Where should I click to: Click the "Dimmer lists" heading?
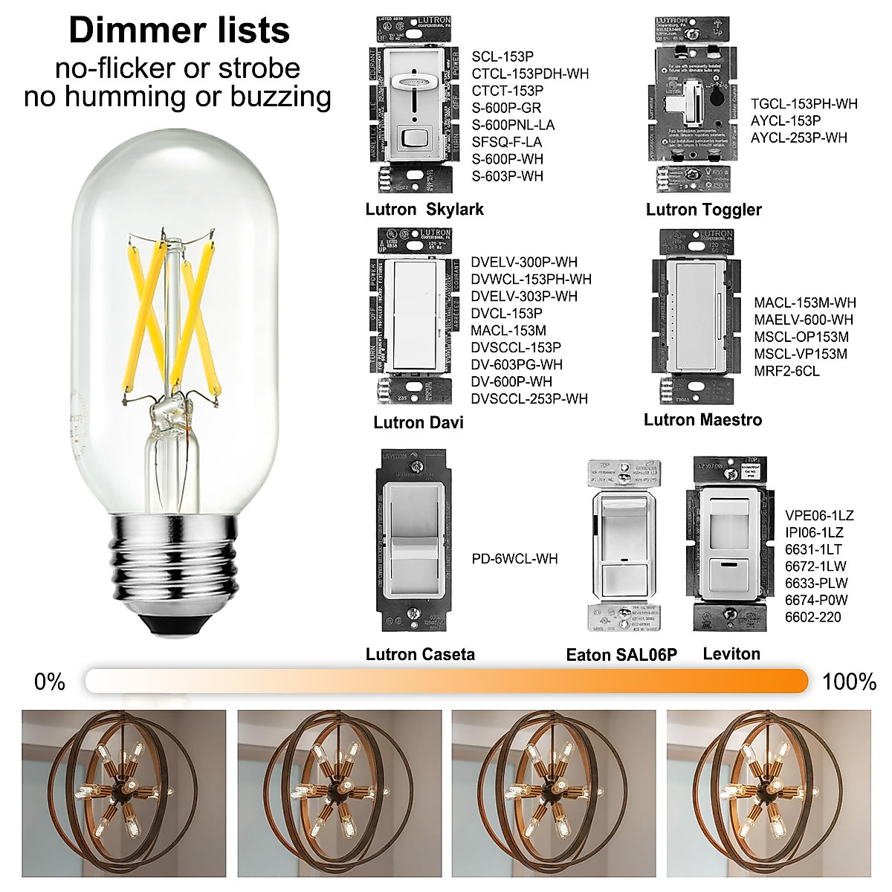179,31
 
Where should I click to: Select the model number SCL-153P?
502,56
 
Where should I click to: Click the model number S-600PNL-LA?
513,125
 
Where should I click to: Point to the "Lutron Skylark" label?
424,210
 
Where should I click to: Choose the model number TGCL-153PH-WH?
804,104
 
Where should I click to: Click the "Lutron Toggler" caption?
703,210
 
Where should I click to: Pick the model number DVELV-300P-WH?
524,262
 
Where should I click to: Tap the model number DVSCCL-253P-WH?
529,399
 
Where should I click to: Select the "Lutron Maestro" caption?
702,420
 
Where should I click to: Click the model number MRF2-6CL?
786,371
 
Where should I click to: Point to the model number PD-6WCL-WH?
514,559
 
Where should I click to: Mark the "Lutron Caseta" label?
420,654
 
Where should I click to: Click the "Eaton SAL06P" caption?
621,655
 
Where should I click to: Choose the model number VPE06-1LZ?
819,516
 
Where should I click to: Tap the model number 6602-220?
813,617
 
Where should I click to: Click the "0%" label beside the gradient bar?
50,682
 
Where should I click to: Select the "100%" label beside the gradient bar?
849,682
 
